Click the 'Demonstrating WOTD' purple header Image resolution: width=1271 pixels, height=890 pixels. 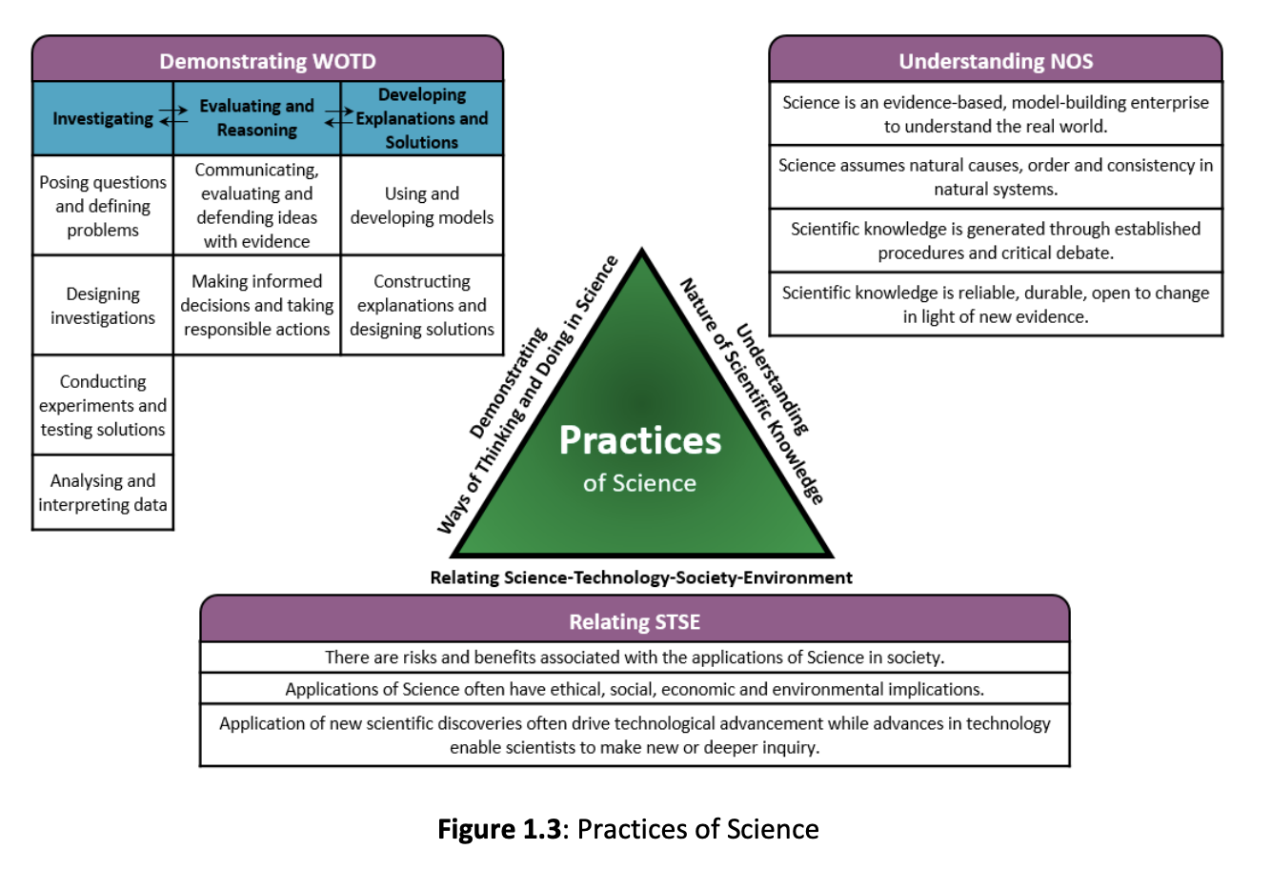coord(268,61)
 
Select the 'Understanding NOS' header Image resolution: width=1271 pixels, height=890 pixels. coord(996,61)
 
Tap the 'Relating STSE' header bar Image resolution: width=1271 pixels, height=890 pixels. coord(635,621)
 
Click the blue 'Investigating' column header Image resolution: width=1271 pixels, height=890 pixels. coord(103,118)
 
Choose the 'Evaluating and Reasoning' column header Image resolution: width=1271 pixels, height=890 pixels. coord(256,118)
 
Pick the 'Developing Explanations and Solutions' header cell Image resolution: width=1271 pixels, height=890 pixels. coord(422,118)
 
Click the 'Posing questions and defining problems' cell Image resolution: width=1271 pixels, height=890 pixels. coord(103,206)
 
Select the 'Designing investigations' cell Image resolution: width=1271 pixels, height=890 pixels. coord(103,306)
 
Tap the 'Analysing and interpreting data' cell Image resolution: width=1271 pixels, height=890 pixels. coord(103,493)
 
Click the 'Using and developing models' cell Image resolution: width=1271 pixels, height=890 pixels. coord(422,206)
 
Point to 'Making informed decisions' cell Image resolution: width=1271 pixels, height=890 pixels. coord(256,305)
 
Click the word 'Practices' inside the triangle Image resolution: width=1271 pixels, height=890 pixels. coord(639,440)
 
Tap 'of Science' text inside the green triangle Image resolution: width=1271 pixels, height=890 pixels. coord(639,483)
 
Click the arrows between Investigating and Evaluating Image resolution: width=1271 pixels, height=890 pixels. coord(173,116)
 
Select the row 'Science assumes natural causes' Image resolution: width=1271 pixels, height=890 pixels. coord(996,177)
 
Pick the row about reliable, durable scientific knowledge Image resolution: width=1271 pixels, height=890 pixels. coord(996,305)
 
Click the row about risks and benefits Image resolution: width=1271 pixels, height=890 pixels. coord(635,657)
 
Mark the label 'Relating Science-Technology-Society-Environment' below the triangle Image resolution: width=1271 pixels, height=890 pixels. coord(641,577)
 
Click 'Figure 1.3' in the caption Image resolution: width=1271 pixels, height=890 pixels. coord(499,829)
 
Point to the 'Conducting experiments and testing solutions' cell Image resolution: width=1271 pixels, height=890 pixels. coord(103,406)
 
